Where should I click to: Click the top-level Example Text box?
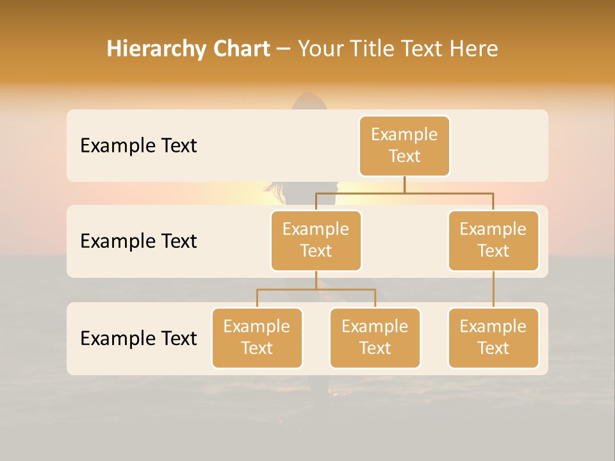click(x=404, y=145)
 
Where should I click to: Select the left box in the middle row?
click(x=316, y=240)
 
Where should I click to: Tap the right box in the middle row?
click(x=493, y=240)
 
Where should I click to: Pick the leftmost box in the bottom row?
click(x=257, y=337)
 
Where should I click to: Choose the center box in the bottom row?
click(x=375, y=337)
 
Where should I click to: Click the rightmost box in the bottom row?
click(x=493, y=337)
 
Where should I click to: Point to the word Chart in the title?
click(x=240, y=49)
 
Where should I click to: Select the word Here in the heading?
click(x=474, y=49)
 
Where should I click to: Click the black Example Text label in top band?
click(x=138, y=146)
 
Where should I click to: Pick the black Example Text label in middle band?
click(x=138, y=241)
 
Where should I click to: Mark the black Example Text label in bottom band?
click(x=138, y=338)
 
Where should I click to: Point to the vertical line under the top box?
click(x=404, y=184)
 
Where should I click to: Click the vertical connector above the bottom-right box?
click(x=493, y=289)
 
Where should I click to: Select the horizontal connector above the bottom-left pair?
click(x=316, y=289)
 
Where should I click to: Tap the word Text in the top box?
click(x=404, y=156)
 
